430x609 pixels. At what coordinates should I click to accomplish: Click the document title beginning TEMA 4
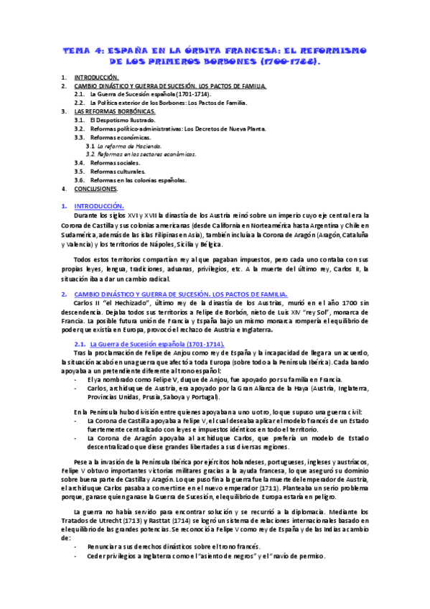coord(215,55)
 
